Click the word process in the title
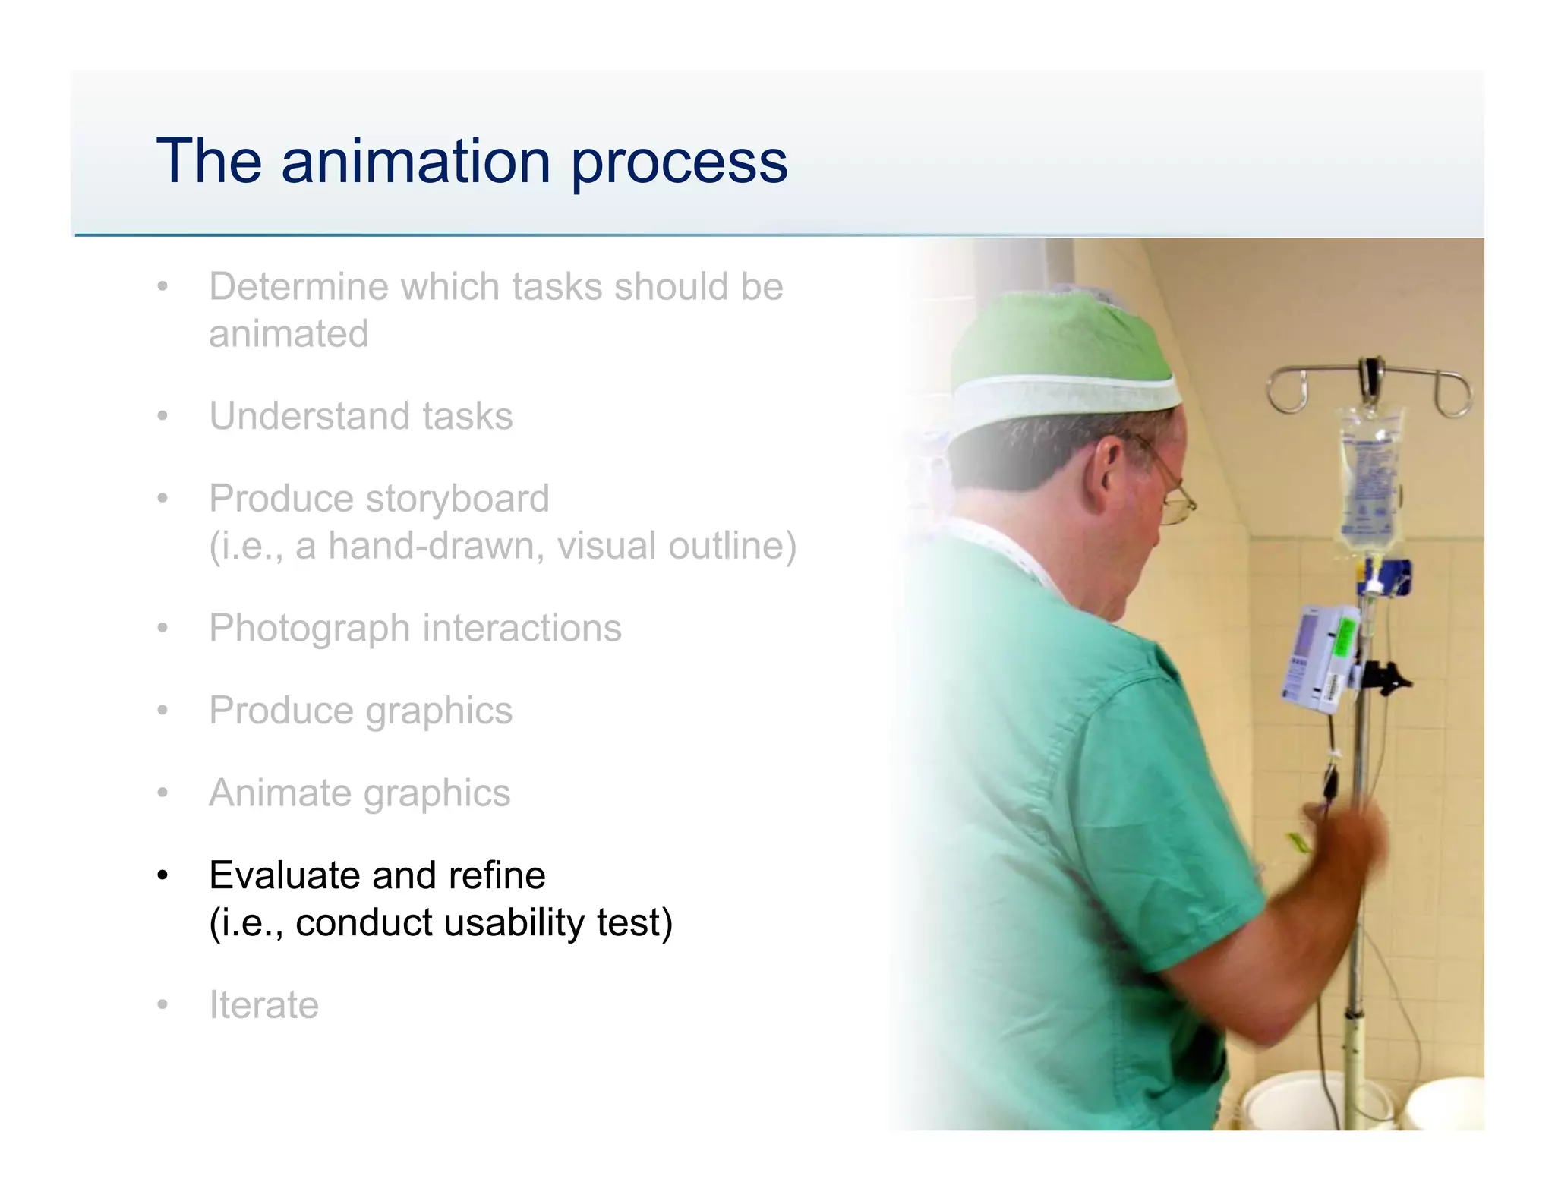[x=679, y=162]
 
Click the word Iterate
[x=263, y=1005]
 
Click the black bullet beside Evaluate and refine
[x=162, y=876]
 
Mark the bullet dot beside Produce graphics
[x=162, y=711]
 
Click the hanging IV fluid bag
[x=1370, y=478]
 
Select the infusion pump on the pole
[x=1317, y=657]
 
